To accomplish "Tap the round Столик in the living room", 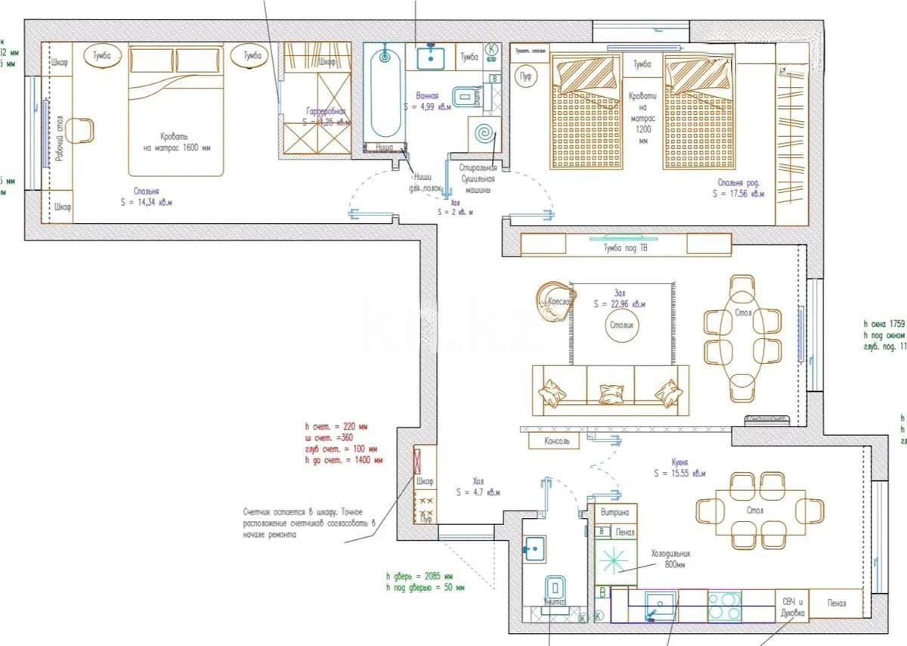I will click(x=621, y=325).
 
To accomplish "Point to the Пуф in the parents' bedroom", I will click(x=525, y=77).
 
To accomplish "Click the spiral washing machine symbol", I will click(x=482, y=136).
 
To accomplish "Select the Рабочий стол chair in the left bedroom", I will click(x=79, y=130).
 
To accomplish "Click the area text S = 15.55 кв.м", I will click(x=679, y=474).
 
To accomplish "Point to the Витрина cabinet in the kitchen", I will click(x=614, y=513).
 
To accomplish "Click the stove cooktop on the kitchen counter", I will click(x=724, y=605).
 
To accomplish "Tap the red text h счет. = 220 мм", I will click(x=336, y=427).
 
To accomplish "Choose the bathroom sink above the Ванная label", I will click(x=431, y=55).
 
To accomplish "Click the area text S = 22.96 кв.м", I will click(x=619, y=304).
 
